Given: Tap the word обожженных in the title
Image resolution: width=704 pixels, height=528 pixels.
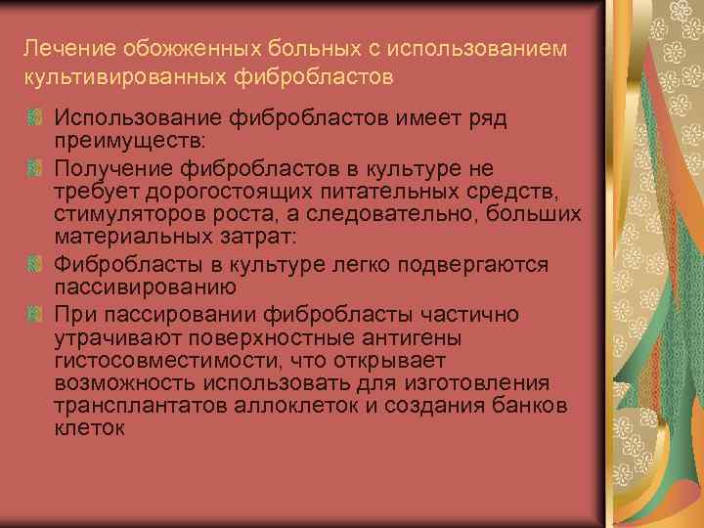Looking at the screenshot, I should [x=164, y=48].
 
